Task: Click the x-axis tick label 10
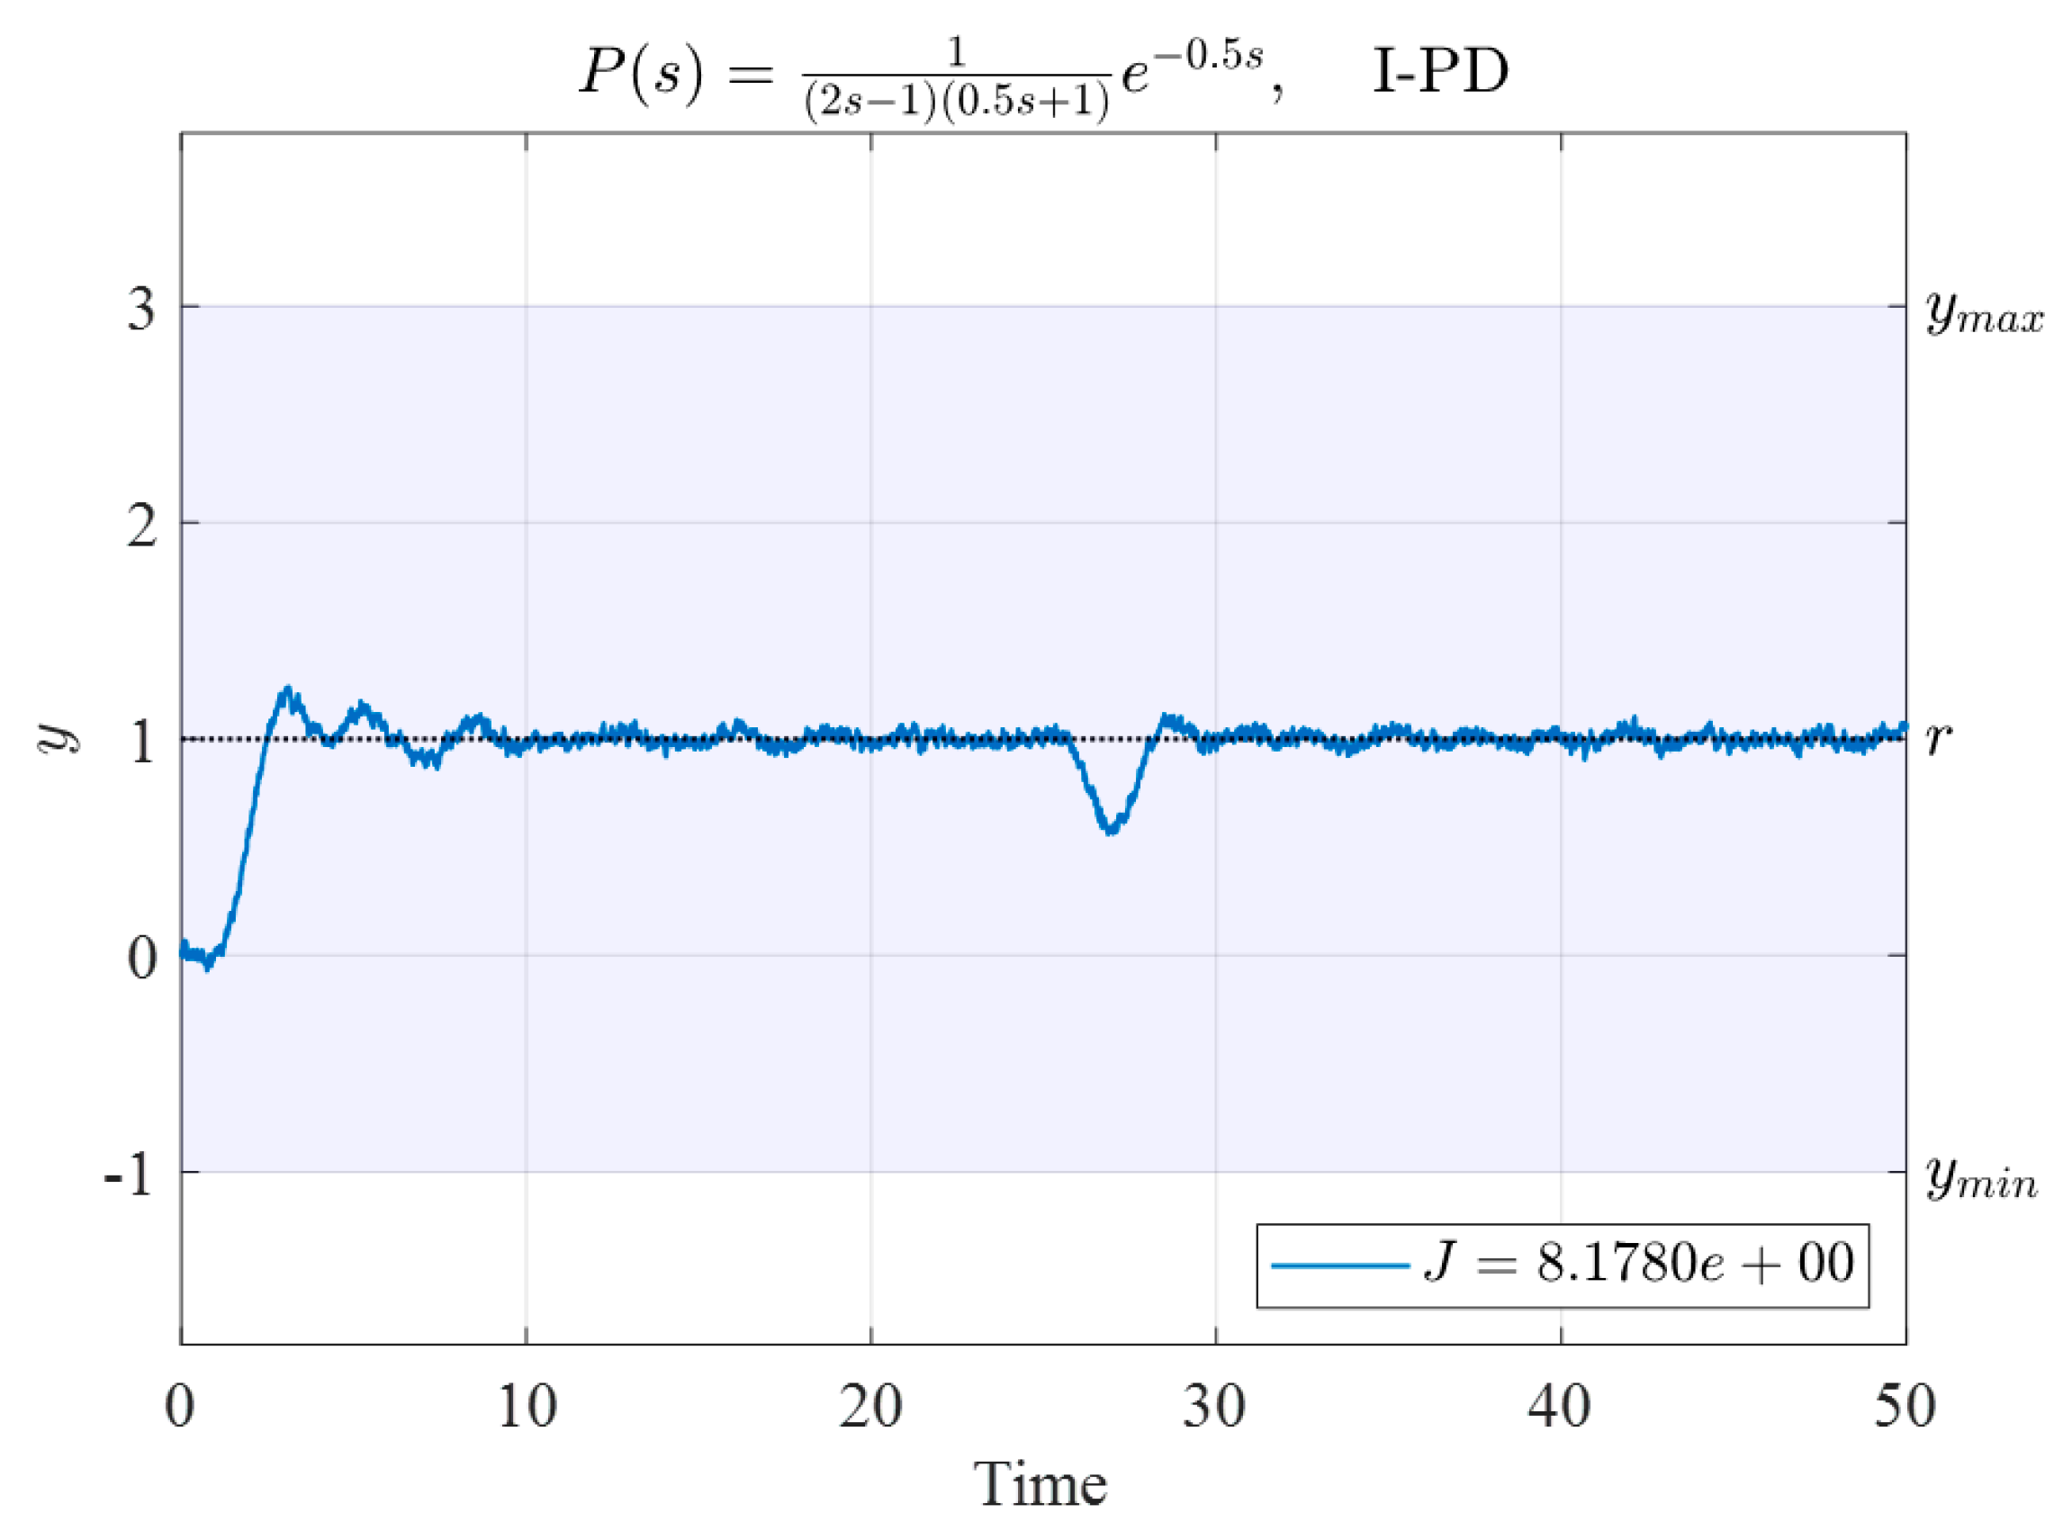[527, 1407]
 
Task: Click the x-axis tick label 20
[870, 1407]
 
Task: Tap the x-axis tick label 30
[1215, 1407]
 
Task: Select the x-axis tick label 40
[1560, 1407]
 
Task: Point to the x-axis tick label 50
[1904, 1407]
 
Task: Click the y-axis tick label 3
[141, 309]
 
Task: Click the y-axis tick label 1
[141, 742]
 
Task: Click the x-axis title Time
[1041, 1484]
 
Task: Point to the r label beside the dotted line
[1938, 738]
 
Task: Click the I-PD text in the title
[1440, 72]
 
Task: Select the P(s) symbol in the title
[641, 72]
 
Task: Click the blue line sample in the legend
[1339, 1265]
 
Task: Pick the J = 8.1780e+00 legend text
[1639, 1264]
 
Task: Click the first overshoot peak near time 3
[287, 689]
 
